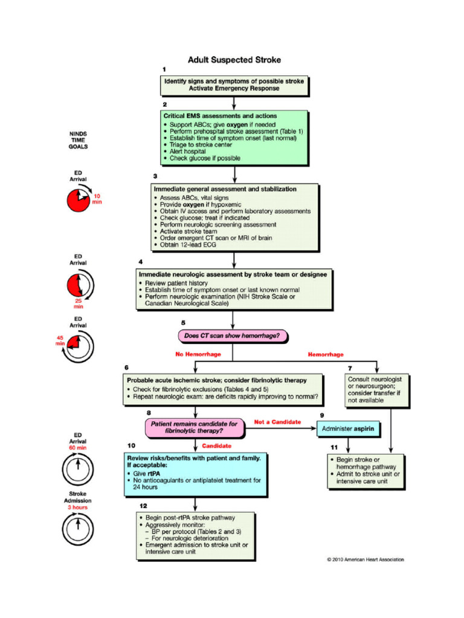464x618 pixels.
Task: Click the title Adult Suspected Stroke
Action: tap(234, 60)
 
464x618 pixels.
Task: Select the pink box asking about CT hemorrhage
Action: tap(231, 336)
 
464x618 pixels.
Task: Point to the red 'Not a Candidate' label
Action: tap(277, 421)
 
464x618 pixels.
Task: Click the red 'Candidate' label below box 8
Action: tap(216, 446)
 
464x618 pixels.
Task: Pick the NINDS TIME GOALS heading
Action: tap(79, 139)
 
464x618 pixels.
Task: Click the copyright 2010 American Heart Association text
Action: tap(366, 559)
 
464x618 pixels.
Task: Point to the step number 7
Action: tap(350, 368)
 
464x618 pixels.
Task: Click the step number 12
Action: tap(143, 505)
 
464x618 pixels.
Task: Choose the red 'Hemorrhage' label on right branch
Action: tap(326, 354)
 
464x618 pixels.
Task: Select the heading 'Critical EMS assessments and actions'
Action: tap(220, 115)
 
